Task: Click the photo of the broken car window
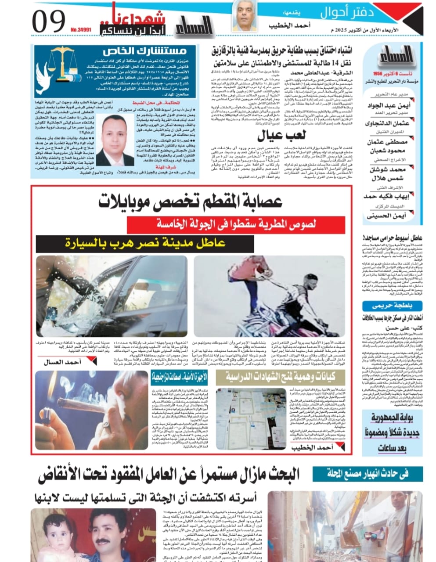[112, 296]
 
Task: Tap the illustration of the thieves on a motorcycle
[269, 296]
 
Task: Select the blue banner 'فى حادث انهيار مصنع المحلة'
[368, 473]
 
